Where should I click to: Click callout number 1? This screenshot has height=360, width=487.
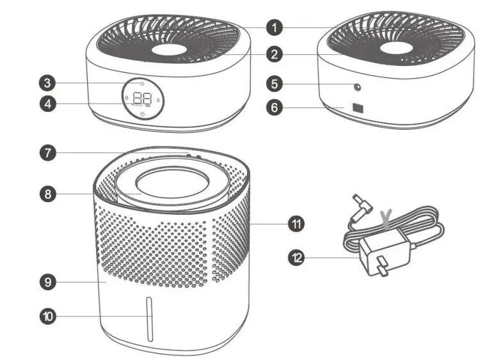[274, 27]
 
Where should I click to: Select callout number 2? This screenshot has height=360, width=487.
[274, 54]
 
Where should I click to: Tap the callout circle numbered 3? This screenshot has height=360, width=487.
[48, 82]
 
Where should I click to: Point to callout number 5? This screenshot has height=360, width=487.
[274, 83]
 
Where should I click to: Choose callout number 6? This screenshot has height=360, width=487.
[274, 107]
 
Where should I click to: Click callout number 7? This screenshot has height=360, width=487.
[48, 153]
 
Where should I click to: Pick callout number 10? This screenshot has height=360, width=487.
[48, 315]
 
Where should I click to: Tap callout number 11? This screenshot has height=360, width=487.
[296, 223]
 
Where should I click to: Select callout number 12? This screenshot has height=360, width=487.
[296, 258]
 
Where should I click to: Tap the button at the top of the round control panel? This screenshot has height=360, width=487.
[141, 83]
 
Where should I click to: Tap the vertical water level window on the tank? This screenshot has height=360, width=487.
[149, 319]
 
